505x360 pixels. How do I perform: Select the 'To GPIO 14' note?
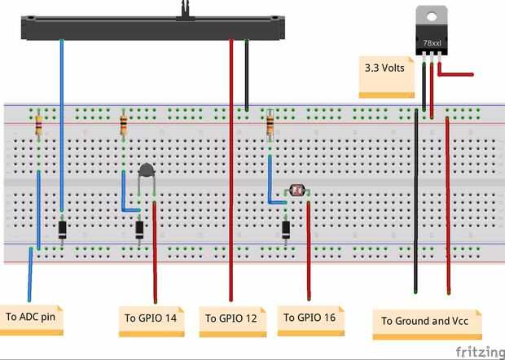coord(151,317)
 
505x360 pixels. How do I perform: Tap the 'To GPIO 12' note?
coord(231,318)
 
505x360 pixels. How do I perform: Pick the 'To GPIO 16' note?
coord(310,317)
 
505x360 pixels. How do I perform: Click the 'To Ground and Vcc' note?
coord(426,321)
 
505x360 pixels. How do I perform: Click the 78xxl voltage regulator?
coord(432,33)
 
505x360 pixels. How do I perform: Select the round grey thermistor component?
coord(147,171)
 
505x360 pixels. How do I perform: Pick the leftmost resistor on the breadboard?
coord(38,125)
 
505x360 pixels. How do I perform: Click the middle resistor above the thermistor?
coord(123,125)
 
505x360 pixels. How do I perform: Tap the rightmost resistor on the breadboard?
coord(270,125)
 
